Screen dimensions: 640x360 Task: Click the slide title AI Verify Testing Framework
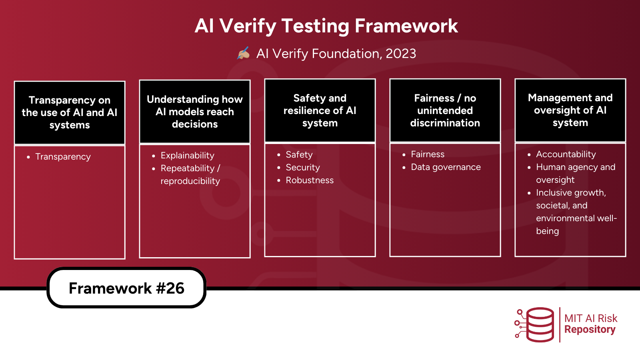click(x=326, y=26)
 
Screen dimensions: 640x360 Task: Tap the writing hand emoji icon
click(x=244, y=53)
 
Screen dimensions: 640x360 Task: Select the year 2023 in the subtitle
click(x=401, y=54)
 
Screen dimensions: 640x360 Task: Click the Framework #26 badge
click(x=126, y=288)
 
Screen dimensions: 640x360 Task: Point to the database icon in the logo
click(x=540, y=324)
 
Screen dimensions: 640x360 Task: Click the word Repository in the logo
click(x=590, y=330)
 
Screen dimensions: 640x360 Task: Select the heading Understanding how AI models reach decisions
click(x=195, y=112)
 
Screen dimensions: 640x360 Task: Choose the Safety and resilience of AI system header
click(x=320, y=110)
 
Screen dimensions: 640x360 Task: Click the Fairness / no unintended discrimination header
click(x=445, y=110)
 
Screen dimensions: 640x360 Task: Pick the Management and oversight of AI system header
click(x=570, y=110)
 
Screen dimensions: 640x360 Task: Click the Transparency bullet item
click(x=63, y=157)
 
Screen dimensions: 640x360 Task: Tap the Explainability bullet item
click(x=187, y=156)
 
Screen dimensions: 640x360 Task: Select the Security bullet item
click(x=303, y=168)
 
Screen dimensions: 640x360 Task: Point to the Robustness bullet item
click(x=310, y=180)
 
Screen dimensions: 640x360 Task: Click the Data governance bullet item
click(x=446, y=167)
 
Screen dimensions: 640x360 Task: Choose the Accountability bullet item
click(x=566, y=154)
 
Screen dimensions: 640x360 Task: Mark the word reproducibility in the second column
click(x=190, y=181)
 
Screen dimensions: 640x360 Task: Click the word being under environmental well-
click(x=547, y=231)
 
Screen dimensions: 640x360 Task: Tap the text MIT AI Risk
click(x=591, y=318)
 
